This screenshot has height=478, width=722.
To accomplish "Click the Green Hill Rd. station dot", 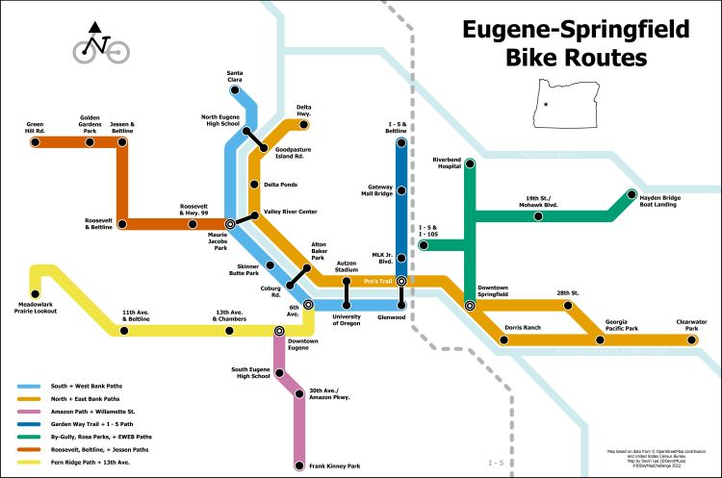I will (x=35, y=143).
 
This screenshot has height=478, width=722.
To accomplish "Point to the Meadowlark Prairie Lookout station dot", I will (x=35, y=294).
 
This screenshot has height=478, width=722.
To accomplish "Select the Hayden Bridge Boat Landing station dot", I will (x=632, y=192).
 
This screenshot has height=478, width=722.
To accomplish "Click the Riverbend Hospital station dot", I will (x=470, y=164).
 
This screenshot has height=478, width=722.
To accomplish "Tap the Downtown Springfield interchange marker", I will (x=470, y=305).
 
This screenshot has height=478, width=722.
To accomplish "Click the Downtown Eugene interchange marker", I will (x=279, y=330).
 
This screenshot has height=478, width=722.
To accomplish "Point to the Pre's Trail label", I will (x=376, y=281).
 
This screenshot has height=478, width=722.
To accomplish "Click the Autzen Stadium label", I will (x=346, y=266).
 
